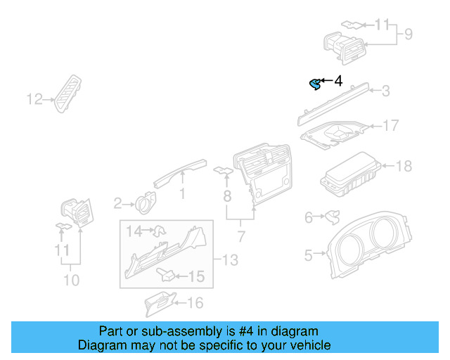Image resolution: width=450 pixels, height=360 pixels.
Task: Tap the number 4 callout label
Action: [x=337, y=82]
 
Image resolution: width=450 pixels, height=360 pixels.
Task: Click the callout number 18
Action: [x=404, y=167]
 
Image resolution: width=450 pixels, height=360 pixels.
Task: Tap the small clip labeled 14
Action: [x=159, y=229]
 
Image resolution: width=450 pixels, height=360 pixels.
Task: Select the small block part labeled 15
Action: [x=167, y=275]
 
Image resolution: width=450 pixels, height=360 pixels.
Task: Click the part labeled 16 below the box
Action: [x=159, y=302]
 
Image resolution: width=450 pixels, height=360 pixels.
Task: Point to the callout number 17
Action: [x=390, y=126]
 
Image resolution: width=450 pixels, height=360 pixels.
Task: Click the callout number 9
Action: [x=407, y=34]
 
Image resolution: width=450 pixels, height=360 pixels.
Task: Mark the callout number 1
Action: [x=182, y=193]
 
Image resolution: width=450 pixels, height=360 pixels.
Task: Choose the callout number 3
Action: [x=385, y=91]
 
